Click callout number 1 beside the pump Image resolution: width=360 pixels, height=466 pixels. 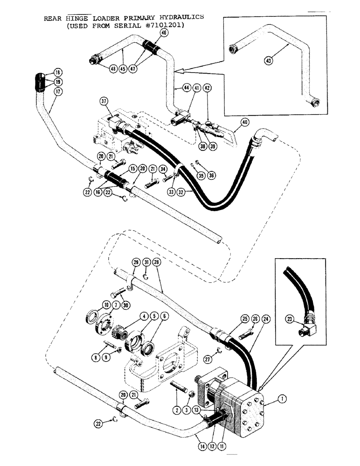(281, 399)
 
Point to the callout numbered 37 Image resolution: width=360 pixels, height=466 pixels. (104, 102)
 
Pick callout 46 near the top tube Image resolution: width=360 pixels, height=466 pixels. (163, 33)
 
